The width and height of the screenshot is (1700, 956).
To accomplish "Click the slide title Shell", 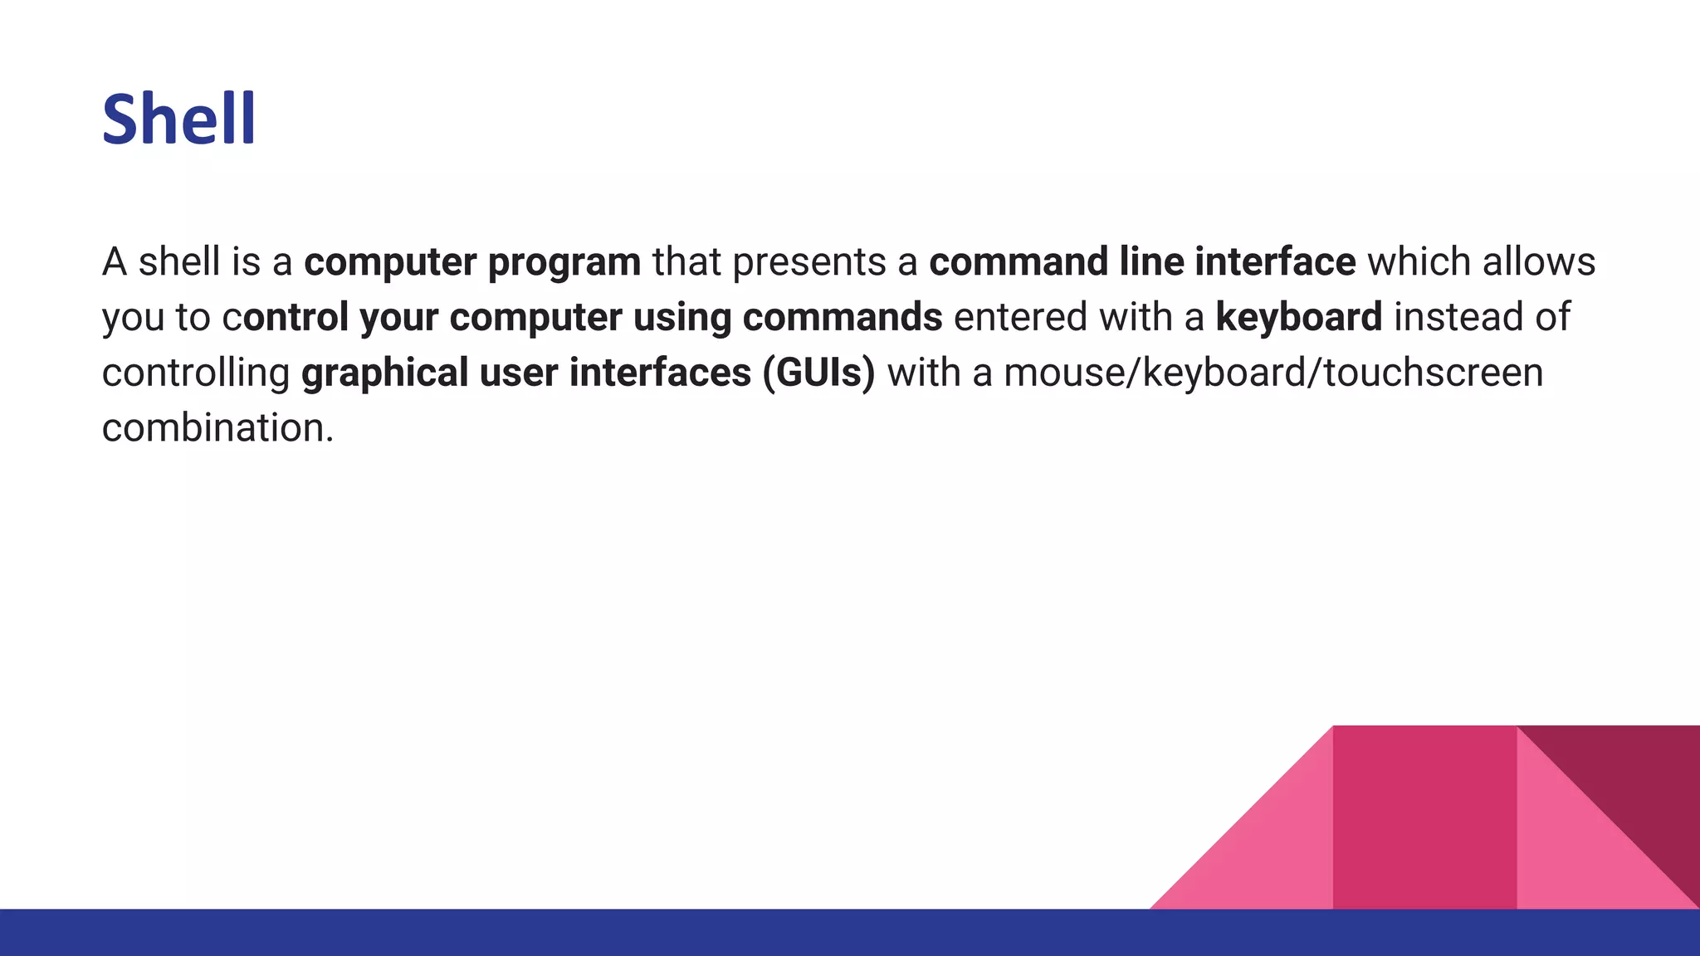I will coord(178,119).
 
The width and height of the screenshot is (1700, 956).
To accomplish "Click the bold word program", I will coord(564,263).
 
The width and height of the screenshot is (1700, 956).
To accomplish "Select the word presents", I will coord(809,263).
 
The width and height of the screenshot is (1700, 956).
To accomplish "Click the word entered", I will coord(1020,317).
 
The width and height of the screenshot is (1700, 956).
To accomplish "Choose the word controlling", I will coord(196,373).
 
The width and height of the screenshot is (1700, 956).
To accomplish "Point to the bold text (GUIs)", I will coord(818,373).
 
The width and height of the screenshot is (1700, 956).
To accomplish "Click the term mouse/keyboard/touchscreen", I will coord(1273,373).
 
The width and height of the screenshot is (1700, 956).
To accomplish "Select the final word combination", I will coord(217,428).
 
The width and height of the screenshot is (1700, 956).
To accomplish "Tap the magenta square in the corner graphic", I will coord(1424,817).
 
